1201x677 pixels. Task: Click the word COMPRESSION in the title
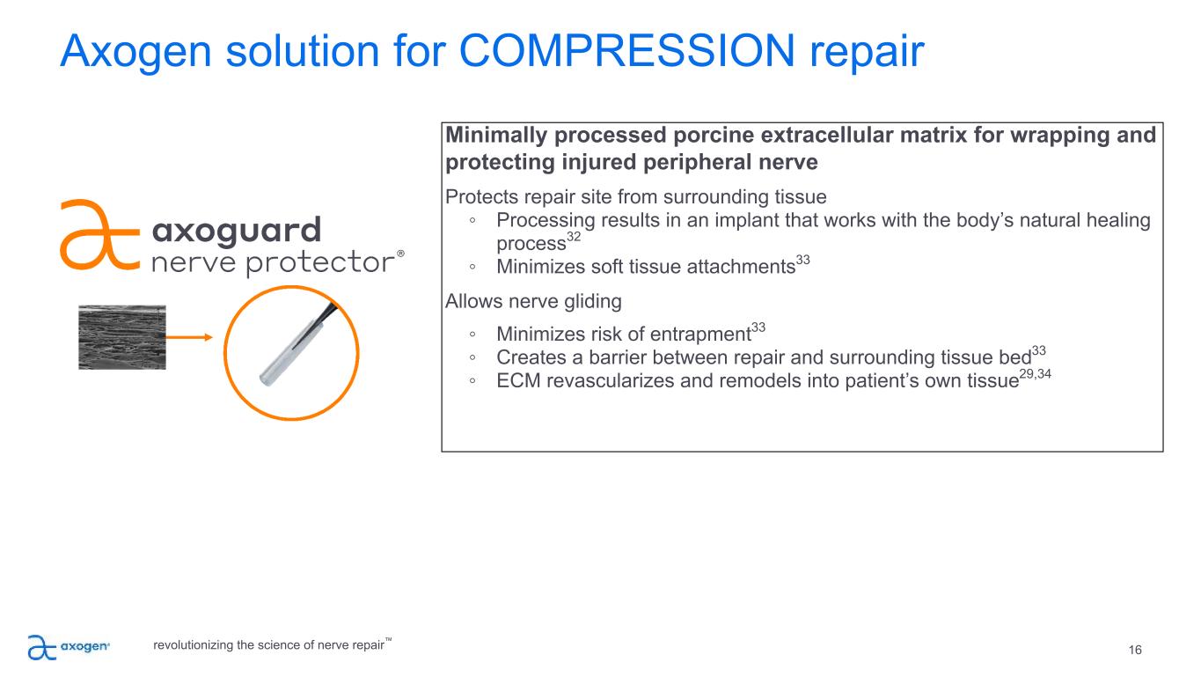coord(626,51)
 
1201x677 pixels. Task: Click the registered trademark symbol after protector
coord(400,254)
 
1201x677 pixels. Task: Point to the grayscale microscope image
coord(122,337)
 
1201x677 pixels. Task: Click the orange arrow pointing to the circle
coord(189,337)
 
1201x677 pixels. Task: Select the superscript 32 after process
coord(573,237)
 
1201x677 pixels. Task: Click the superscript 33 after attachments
coord(802,260)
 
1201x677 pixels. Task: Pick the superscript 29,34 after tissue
coord(1035,374)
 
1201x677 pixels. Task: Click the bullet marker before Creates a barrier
coord(472,357)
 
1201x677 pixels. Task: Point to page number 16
coord(1135,651)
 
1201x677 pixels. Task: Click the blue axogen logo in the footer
coord(69,647)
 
